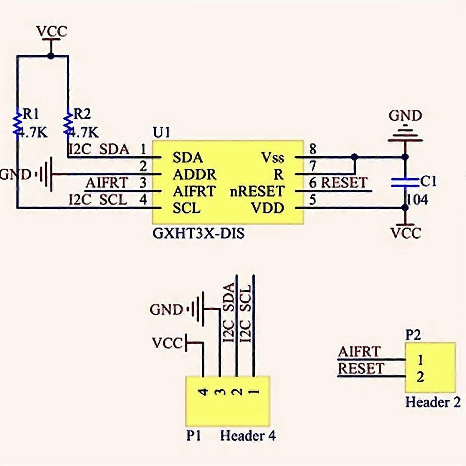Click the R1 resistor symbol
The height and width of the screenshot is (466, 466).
[x=17, y=123]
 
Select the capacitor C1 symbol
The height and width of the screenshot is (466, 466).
[x=405, y=183]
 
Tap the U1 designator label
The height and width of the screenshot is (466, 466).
[x=161, y=132]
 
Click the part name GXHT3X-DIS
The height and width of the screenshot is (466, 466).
[x=198, y=233]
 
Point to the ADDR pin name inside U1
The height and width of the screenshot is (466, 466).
[x=194, y=175]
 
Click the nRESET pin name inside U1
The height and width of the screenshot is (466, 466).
[x=257, y=192]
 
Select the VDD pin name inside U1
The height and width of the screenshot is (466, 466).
[x=268, y=208]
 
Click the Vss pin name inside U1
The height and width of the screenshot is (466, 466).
[x=272, y=158]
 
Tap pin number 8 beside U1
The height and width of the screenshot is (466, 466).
[x=313, y=149]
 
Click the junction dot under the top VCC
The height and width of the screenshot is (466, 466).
[x=51, y=56]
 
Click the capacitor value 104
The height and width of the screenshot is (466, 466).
[x=417, y=200]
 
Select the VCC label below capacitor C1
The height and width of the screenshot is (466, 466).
[x=406, y=233]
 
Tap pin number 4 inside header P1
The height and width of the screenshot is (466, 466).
[x=203, y=392]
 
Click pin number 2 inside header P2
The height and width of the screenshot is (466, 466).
[x=420, y=377]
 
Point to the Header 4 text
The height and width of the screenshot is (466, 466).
[x=248, y=436]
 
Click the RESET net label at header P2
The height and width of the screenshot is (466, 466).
[x=361, y=369]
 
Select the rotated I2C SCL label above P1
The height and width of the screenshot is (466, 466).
[x=246, y=313]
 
